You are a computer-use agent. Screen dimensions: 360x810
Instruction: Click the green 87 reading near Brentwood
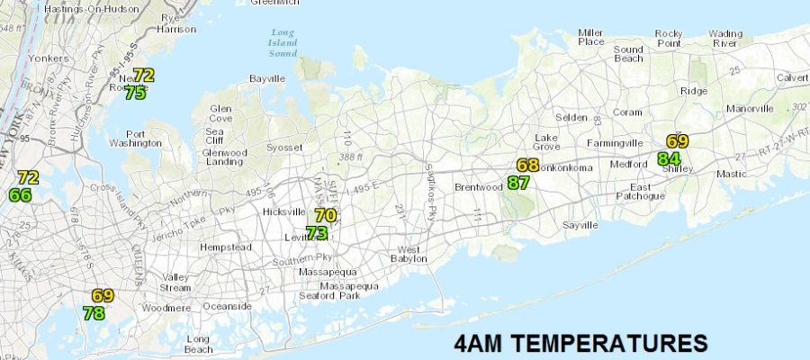pos(518,183)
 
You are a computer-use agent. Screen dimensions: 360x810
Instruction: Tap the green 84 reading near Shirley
pos(668,159)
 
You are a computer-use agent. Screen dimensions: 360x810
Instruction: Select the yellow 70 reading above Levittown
pos(326,216)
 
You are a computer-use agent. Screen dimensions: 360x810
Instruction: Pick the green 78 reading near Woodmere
pos(94,313)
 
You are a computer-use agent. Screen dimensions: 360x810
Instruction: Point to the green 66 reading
pos(21,195)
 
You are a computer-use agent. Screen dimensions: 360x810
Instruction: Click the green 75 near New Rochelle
pos(136,93)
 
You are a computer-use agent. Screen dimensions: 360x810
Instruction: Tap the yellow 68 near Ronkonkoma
pos(527,166)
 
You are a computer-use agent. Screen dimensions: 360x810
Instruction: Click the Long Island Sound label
pos(283,44)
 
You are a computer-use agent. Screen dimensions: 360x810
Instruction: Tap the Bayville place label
pos(266,79)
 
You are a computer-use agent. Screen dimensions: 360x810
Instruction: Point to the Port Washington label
pos(135,139)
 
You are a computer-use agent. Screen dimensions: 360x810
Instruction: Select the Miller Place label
pos(591,37)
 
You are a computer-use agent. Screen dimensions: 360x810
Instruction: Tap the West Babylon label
pos(409,255)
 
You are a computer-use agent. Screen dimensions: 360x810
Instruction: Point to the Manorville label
pos(750,109)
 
